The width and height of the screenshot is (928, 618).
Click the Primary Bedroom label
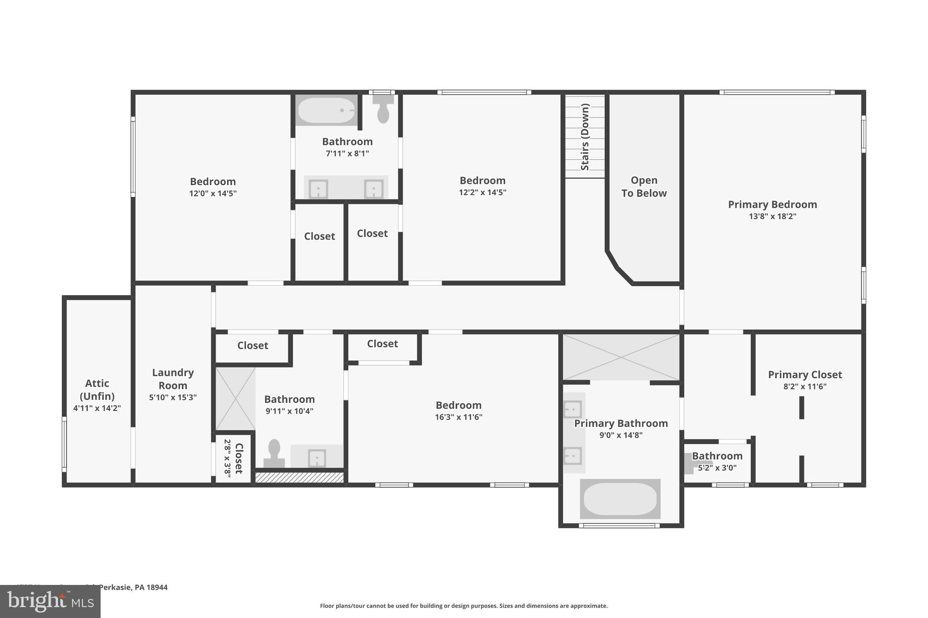point(772,204)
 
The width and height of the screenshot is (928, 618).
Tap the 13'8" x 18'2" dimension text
point(772,216)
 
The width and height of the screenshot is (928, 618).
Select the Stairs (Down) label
point(585,137)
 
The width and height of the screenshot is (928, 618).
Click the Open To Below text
point(643,187)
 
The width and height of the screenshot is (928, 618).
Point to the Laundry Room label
point(173,379)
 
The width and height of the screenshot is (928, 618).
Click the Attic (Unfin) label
point(97,390)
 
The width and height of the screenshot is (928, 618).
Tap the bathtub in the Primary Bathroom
point(620,498)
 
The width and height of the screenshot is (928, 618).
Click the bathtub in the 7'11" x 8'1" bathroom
point(325,110)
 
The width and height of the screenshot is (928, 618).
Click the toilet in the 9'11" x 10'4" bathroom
point(274,452)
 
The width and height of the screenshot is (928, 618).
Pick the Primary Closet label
point(805,374)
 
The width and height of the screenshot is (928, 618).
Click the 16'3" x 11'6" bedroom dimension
point(459,417)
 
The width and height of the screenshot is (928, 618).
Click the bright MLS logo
point(50,601)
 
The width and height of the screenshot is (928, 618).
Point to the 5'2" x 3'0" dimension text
point(717,468)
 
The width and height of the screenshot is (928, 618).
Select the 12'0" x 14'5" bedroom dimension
point(213,193)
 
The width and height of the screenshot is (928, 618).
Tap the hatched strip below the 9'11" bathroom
point(299,477)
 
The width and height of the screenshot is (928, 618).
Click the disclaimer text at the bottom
point(464,606)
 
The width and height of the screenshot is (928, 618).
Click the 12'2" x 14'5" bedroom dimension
point(482,192)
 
